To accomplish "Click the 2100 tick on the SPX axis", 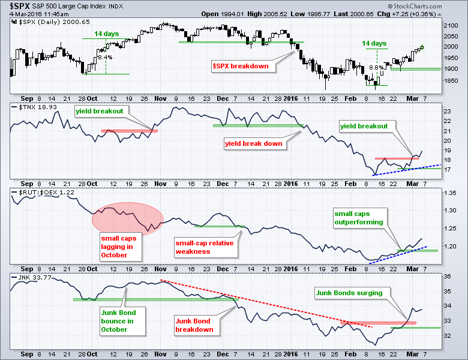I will pos(450,26).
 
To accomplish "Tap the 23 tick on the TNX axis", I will pos(446,112).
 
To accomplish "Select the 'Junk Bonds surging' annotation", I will pos(349,293).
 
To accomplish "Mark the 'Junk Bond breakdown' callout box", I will pos(194,325).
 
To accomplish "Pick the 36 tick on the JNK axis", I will pos(446,277).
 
